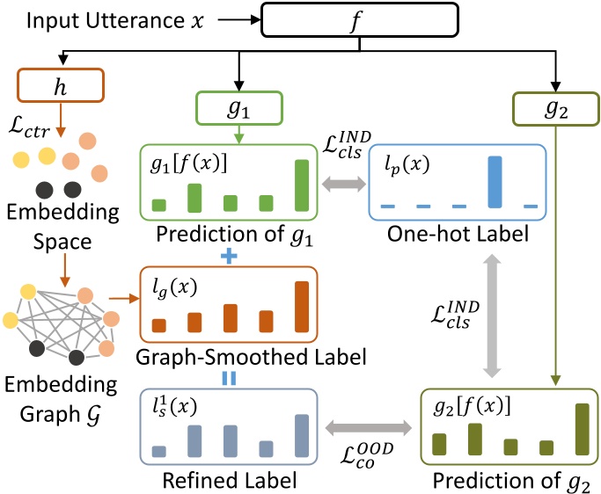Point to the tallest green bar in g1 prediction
[301, 185]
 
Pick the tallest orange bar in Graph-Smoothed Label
[301, 307]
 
